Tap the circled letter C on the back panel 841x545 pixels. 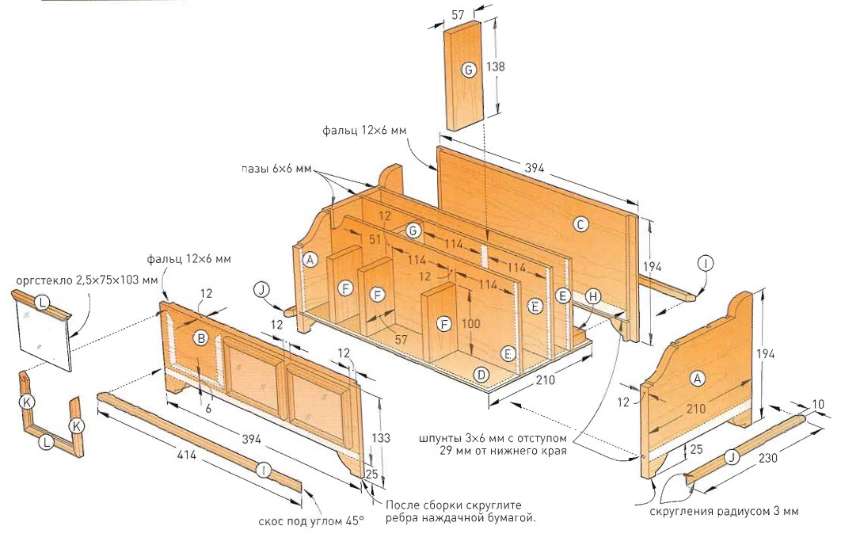pos(580,225)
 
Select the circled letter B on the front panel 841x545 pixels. pos(201,338)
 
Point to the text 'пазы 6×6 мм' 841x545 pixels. pos(280,171)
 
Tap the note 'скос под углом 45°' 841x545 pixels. pos(311,520)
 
